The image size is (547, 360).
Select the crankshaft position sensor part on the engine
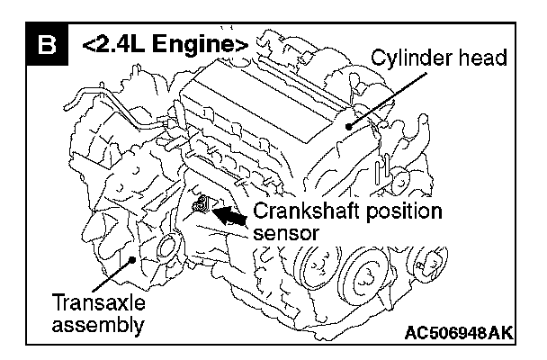pyautogui.click(x=203, y=207)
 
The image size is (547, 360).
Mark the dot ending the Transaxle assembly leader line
pyautogui.click(x=133, y=262)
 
